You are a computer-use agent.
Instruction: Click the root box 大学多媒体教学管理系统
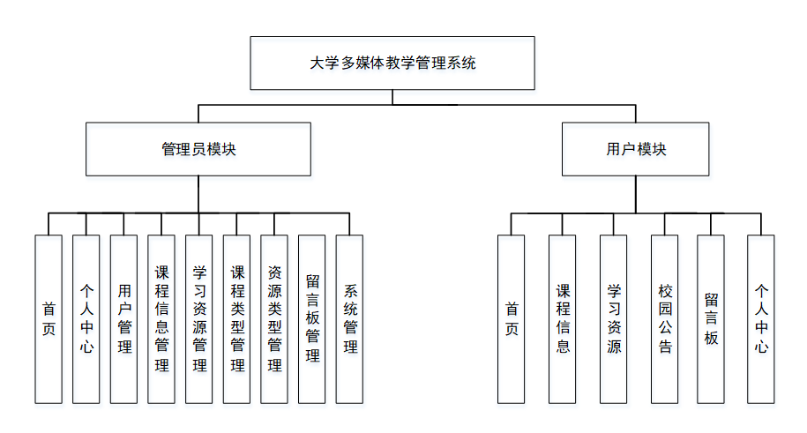[392, 63]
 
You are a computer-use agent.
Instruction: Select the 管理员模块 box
[198, 149]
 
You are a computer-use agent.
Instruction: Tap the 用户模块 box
[636, 149]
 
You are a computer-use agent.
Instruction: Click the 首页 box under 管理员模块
[49, 318]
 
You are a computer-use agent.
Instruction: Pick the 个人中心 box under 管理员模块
[86, 318]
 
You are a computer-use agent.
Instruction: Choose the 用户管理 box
[124, 318]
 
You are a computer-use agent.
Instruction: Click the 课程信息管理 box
[161, 318]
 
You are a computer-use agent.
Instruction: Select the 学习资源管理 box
[199, 318]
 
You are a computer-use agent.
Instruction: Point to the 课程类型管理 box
[237, 318]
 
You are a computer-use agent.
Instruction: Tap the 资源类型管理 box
[274, 318]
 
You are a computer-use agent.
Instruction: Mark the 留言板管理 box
[312, 318]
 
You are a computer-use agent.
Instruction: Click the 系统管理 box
[350, 318]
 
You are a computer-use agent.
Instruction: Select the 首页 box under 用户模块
[512, 318]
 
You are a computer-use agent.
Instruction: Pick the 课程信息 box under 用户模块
[563, 318]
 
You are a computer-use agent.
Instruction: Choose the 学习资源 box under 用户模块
[614, 318]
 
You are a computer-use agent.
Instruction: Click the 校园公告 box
[665, 318]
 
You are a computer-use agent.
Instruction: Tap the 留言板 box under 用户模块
[711, 318]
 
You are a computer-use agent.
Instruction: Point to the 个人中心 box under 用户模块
[761, 318]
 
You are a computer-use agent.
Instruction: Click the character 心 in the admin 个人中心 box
[86, 347]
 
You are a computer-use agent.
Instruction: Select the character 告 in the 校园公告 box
[665, 347]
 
